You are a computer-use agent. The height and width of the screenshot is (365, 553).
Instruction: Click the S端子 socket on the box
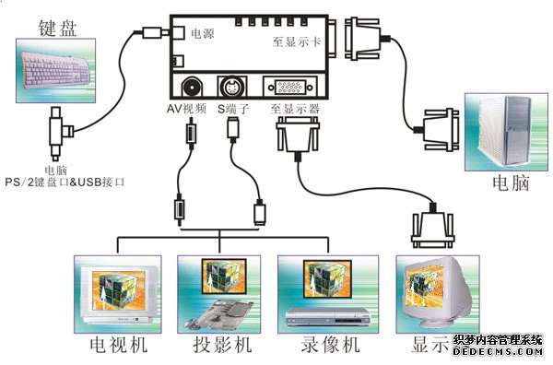[x=233, y=88]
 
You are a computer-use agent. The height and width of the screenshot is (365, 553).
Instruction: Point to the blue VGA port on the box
[x=289, y=88]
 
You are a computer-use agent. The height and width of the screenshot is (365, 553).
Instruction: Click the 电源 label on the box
[x=203, y=33]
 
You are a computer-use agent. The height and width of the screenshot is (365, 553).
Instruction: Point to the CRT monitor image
[x=432, y=295]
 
